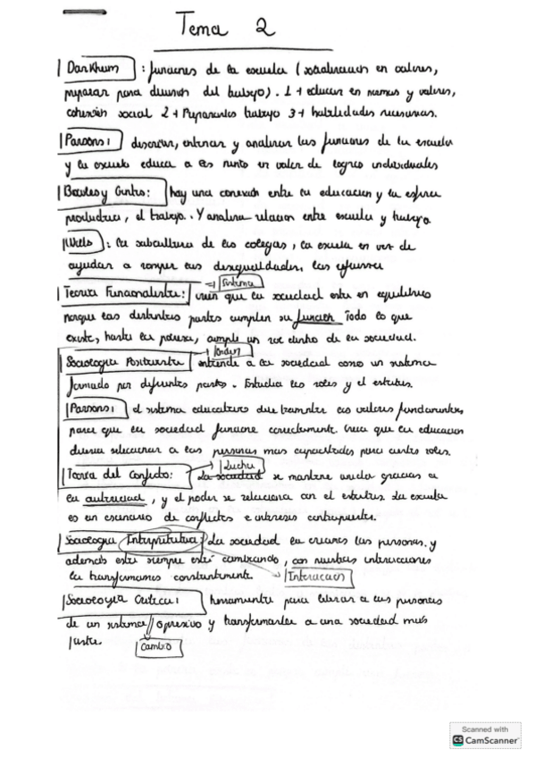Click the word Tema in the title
click(x=205, y=29)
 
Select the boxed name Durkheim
click(x=92, y=69)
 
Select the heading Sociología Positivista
click(x=122, y=362)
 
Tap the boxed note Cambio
click(x=158, y=645)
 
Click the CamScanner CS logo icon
click(x=459, y=740)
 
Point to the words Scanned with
click(x=485, y=729)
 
